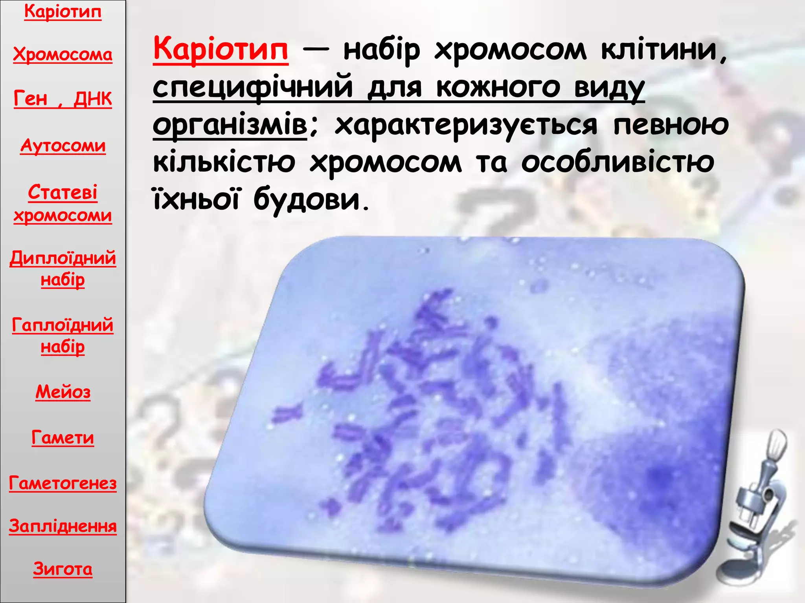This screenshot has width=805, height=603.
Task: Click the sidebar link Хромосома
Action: point(62,54)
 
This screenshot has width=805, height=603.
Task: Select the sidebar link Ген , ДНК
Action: point(62,98)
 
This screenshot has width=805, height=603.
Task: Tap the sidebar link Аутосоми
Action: point(63,146)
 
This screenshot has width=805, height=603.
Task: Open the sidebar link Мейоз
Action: point(63,392)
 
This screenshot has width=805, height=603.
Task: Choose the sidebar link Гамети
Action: point(63,437)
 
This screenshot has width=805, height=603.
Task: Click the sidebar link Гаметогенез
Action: point(63,483)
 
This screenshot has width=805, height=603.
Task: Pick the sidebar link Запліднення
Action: point(63,526)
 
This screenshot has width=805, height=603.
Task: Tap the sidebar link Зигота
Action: point(63,569)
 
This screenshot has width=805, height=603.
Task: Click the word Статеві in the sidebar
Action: point(63,192)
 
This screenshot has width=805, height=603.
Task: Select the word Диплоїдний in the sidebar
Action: point(63,258)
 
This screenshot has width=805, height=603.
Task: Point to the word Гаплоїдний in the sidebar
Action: point(63,325)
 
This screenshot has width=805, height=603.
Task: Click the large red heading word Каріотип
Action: point(221,49)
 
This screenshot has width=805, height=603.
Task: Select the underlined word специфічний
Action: point(253,87)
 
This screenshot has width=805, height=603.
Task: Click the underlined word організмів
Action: point(230,125)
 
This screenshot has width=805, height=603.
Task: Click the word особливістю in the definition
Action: point(618,162)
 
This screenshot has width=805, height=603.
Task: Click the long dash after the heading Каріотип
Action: point(316,51)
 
